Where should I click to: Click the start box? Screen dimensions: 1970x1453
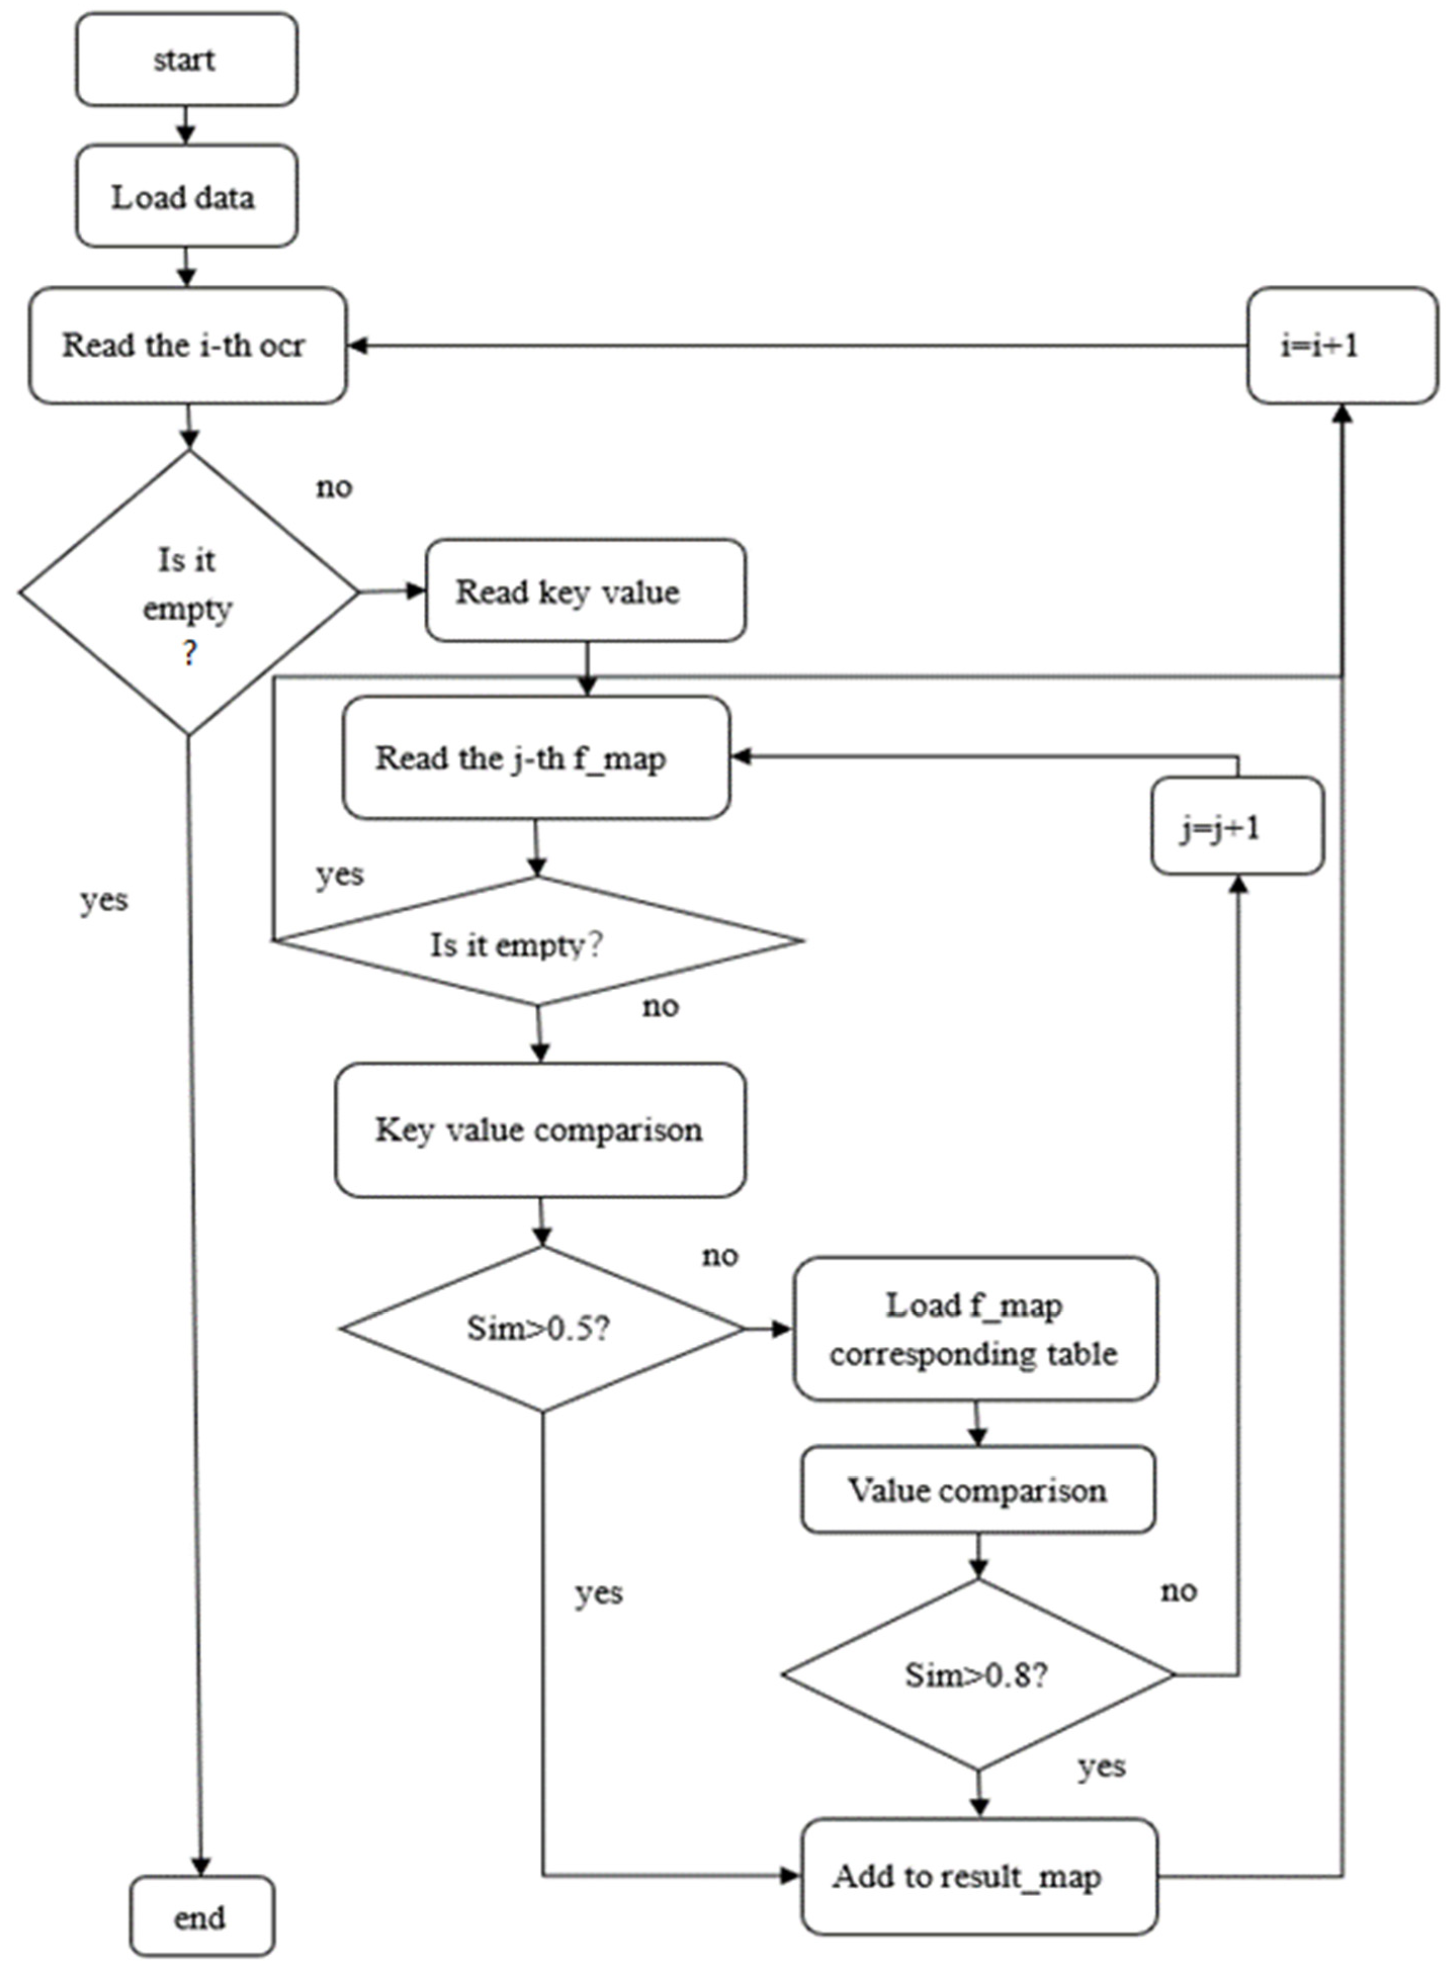(186, 60)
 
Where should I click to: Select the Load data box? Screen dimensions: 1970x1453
(186, 196)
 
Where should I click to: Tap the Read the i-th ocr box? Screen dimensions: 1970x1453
(187, 345)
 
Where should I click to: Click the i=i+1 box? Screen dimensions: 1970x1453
(1341, 345)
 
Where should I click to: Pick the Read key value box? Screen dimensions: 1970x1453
(585, 591)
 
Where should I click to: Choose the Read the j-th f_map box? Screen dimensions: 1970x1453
(536, 758)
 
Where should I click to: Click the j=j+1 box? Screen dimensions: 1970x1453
(1237, 826)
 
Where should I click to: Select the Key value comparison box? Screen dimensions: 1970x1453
(539, 1130)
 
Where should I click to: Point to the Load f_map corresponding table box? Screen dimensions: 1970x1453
(975, 1329)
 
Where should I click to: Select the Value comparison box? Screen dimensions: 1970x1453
(977, 1490)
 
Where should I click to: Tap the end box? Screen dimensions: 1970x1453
(201, 1917)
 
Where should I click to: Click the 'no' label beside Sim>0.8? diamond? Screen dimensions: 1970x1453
(1178, 1590)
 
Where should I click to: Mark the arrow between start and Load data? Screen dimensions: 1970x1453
(186, 125)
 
